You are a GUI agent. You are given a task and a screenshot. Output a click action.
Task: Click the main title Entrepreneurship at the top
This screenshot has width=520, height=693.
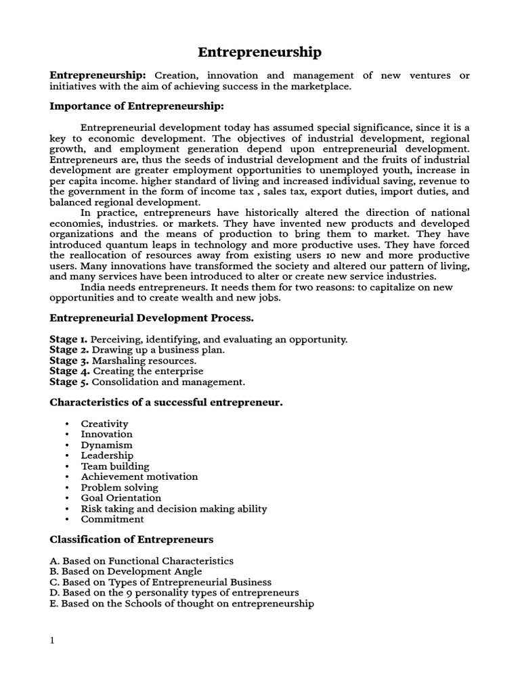point(259,52)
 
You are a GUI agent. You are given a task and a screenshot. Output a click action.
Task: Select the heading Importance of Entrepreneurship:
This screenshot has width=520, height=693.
point(136,106)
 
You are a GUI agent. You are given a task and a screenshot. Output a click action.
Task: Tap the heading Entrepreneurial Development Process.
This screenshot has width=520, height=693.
point(152,317)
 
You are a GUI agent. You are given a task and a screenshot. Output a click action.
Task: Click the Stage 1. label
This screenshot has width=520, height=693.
point(68,339)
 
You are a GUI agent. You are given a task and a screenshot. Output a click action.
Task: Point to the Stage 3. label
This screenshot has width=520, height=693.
point(69,361)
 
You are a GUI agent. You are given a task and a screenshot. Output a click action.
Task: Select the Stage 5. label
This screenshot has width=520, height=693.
point(69,382)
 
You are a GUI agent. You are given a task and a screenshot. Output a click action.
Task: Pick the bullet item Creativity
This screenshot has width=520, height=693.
point(104,424)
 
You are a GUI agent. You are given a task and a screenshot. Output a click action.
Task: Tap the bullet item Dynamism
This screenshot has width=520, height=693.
point(106,445)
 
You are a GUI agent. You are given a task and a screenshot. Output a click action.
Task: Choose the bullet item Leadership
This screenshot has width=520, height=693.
point(107,455)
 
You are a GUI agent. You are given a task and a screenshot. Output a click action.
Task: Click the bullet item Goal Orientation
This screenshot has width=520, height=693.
point(121,498)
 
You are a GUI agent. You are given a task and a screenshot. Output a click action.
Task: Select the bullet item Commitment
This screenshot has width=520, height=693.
point(112,519)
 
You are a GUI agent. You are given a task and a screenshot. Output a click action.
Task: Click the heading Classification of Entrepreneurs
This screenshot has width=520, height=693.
point(131,539)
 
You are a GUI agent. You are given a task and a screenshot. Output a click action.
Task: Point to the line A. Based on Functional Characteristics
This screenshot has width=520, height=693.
point(142,561)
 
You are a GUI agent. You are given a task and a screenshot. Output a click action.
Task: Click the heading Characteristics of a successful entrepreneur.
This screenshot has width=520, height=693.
point(166,403)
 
